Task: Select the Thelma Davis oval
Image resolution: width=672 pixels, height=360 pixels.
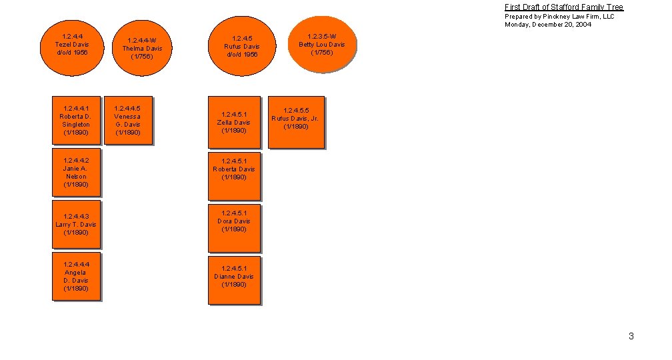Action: (x=141, y=49)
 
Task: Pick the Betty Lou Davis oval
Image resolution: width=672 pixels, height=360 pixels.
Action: (x=321, y=45)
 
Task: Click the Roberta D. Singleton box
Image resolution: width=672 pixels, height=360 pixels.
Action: (x=76, y=120)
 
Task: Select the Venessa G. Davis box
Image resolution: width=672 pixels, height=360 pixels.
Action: (x=127, y=120)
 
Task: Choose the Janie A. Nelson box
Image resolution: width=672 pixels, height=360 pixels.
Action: (x=76, y=173)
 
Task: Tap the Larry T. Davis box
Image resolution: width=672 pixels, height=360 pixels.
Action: (x=76, y=225)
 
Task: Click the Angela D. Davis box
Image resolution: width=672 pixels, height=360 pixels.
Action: (x=76, y=277)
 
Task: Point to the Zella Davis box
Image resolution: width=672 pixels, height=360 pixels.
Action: (x=233, y=123)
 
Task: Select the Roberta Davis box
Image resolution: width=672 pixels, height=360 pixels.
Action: (x=233, y=177)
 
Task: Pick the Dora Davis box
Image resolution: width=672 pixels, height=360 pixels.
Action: (x=233, y=229)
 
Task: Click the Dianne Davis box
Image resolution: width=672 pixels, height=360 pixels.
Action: (x=233, y=281)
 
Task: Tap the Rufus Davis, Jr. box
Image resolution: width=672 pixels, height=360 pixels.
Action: (x=295, y=122)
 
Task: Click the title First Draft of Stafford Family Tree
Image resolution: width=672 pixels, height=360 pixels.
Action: (x=563, y=7)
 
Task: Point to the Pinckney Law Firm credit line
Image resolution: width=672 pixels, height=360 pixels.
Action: (x=559, y=17)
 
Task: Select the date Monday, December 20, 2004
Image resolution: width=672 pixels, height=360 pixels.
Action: (x=547, y=25)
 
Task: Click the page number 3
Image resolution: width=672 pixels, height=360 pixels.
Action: (x=631, y=336)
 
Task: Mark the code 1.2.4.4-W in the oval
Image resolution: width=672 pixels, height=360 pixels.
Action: (x=141, y=41)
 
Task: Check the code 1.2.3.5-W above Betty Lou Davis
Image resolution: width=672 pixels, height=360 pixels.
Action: (x=322, y=37)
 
